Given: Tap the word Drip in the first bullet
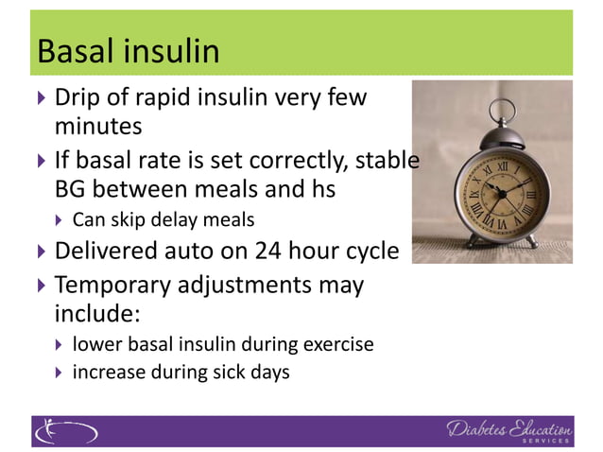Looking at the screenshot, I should pos(78,97).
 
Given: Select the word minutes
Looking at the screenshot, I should pos(98,125).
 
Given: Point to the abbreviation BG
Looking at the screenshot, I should pos(71,189).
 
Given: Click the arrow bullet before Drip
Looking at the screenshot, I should pos(40,97).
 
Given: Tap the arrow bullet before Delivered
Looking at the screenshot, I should pos(40,252).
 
